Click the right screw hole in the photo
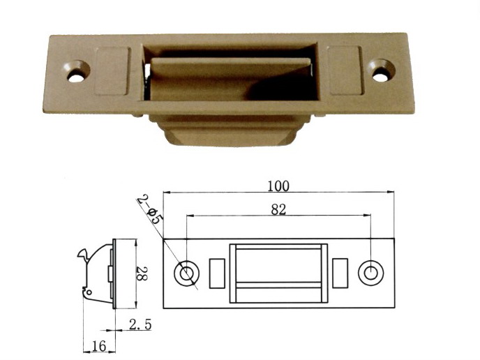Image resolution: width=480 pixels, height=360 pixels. click(x=381, y=70)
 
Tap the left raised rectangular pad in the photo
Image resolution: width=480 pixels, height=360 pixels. click(x=112, y=71)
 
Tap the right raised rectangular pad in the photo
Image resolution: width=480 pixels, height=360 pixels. click(x=345, y=70)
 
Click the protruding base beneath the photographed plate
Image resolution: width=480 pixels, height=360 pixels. click(x=230, y=130)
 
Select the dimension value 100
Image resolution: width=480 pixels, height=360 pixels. click(x=278, y=186)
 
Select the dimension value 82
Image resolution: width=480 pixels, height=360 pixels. click(x=278, y=210)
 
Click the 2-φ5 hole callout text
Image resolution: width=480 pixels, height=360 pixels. click(x=150, y=209)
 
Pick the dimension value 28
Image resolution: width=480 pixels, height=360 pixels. click(x=142, y=273)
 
